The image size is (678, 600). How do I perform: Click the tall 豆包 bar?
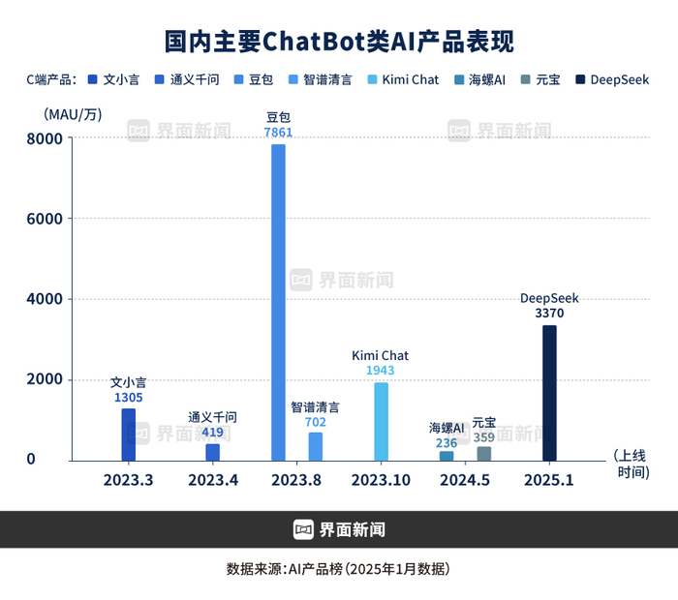click(x=278, y=302)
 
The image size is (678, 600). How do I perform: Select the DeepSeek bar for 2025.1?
click(x=549, y=393)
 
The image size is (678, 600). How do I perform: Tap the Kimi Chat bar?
click(x=381, y=421)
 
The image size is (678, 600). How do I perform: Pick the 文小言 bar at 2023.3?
click(x=128, y=435)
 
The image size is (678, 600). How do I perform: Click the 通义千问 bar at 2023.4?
click(x=212, y=452)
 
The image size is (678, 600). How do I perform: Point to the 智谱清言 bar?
click(x=316, y=446)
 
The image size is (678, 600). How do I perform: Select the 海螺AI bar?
click(x=447, y=456)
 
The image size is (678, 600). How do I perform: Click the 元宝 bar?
click(x=484, y=453)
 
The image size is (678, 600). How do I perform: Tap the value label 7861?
click(x=278, y=133)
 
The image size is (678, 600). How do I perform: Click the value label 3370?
click(x=549, y=314)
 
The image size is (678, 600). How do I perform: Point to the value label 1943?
click(x=381, y=371)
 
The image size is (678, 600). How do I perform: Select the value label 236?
click(x=447, y=441)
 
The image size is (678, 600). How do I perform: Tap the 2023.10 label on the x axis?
click(x=381, y=480)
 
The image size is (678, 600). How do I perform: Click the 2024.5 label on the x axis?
click(x=465, y=480)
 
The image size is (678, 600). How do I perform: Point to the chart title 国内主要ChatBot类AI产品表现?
click(x=339, y=41)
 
